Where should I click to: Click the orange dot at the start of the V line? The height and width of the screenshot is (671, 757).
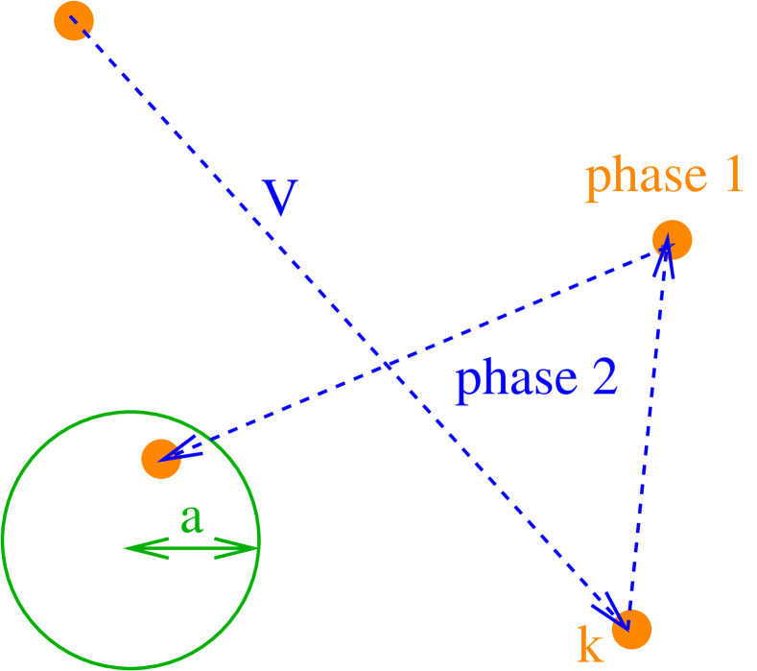(74, 21)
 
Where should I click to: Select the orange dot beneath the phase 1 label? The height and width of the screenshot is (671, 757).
(672, 239)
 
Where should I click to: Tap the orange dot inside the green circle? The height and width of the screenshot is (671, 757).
(161, 458)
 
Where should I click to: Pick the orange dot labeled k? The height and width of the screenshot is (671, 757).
(632, 628)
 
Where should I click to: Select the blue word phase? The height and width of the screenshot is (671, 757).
(509, 381)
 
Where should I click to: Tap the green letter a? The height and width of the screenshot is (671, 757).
(192, 518)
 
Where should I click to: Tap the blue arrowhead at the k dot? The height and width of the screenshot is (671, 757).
(612, 611)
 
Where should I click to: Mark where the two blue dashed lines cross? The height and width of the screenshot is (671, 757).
(385, 364)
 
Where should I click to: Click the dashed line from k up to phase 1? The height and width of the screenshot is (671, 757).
(648, 432)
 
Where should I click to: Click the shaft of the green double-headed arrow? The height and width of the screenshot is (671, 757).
(192, 548)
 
